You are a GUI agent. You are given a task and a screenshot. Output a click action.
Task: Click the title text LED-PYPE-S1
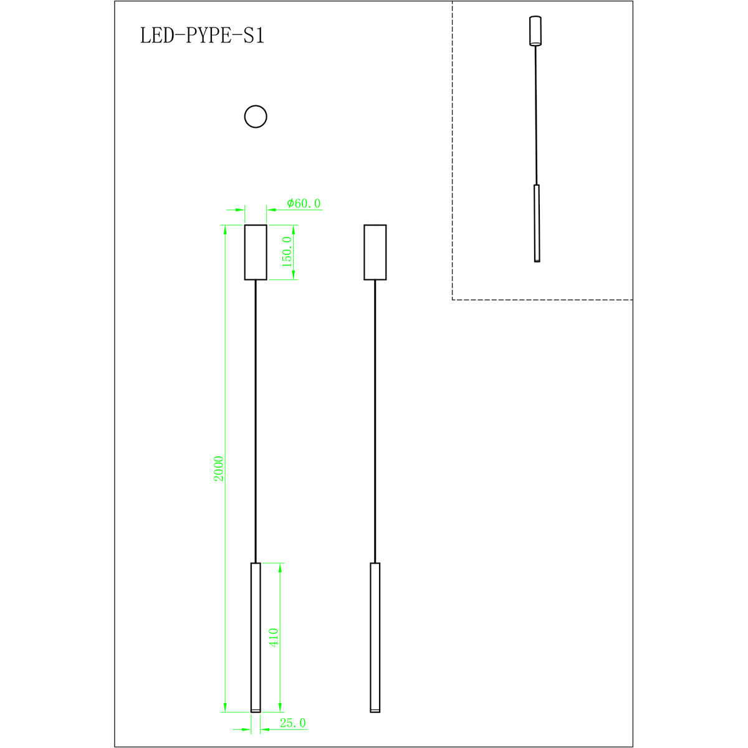[x=202, y=36]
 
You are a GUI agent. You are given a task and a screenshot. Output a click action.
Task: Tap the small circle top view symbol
[x=256, y=117]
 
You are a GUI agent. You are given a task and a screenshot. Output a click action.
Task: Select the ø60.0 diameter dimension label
[x=304, y=203]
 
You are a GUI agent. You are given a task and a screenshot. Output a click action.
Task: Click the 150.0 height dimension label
[x=287, y=252]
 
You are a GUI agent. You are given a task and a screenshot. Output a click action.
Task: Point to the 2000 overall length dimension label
[x=218, y=468]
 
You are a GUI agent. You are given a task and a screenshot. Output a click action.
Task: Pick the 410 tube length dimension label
[x=274, y=637]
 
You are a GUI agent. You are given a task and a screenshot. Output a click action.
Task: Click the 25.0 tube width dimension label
[x=292, y=723]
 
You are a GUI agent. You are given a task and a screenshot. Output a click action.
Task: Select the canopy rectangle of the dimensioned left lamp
[x=256, y=252]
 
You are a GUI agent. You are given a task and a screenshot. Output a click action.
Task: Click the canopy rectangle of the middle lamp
[x=375, y=252]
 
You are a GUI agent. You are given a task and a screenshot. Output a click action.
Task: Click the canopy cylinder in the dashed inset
[x=535, y=31]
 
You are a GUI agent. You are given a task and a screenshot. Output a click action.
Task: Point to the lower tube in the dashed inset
[x=537, y=223]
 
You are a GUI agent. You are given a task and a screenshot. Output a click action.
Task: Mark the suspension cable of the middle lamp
[x=375, y=421]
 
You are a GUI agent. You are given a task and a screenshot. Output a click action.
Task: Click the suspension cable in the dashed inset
[x=535, y=115]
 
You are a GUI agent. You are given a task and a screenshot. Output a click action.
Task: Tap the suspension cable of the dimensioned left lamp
[x=256, y=421]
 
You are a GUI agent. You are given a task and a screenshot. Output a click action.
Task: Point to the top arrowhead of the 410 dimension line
[x=280, y=568]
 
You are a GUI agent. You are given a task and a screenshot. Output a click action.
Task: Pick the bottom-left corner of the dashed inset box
[x=453, y=300]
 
